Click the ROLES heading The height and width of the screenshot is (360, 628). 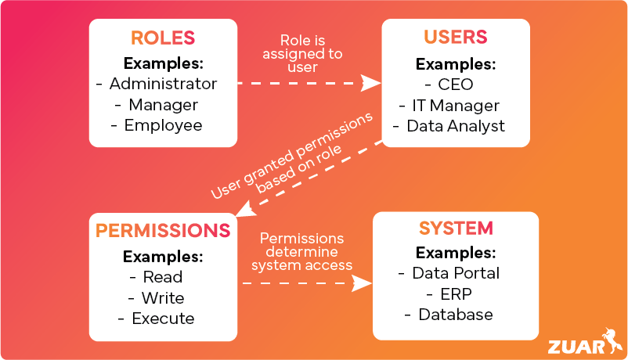click(x=163, y=38)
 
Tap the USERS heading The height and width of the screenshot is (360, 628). click(x=455, y=38)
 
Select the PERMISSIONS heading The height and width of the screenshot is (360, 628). click(x=163, y=231)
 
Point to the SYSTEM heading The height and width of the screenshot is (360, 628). click(x=456, y=229)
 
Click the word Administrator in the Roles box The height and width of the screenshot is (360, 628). click(x=163, y=83)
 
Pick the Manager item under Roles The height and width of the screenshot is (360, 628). click(x=163, y=104)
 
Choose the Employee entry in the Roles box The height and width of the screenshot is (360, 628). click(x=163, y=125)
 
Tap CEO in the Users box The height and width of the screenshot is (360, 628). click(x=457, y=84)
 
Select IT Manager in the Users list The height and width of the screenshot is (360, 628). click(x=456, y=105)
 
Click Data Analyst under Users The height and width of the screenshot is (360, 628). click(x=456, y=126)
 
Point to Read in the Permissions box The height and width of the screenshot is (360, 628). click(x=163, y=277)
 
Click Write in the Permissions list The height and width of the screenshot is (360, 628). click(x=163, y=298)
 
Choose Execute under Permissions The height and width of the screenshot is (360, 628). click(x=163, y=319)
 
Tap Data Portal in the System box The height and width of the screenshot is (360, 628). click(x=457, y=273)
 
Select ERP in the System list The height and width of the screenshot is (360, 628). click(x=457, y=294)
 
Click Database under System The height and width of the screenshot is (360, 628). click(x=456, y=315)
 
